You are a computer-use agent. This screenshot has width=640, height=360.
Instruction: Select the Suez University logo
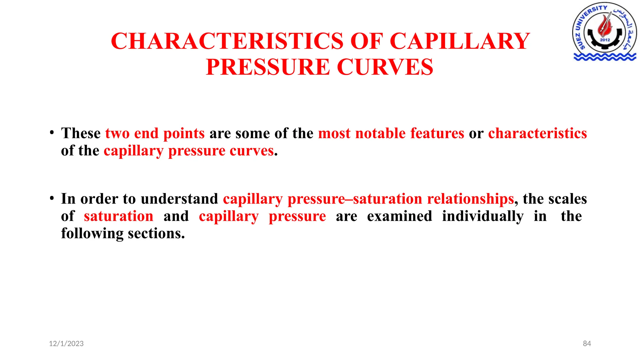point(605,31)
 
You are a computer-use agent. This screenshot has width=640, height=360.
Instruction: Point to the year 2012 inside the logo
point(605,40)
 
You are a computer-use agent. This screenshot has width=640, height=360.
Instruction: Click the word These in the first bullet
point(81,133)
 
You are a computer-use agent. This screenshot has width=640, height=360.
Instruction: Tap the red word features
point(437,133)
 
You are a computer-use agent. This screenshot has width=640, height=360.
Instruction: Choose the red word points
point(184,133)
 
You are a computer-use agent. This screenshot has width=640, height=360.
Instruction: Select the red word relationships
point(470,199)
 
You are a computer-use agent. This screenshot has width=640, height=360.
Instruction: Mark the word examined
point(399,216)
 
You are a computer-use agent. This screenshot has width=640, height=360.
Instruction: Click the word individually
point(482,217)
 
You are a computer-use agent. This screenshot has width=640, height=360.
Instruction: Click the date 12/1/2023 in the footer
point(66,344)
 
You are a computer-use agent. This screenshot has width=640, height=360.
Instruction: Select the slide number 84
point(587,344)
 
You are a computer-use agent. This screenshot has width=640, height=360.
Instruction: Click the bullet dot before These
point(52,132)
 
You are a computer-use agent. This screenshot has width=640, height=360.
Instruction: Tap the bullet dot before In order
point(52,198)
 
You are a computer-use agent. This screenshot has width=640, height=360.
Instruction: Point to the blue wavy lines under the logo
point(605,57)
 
